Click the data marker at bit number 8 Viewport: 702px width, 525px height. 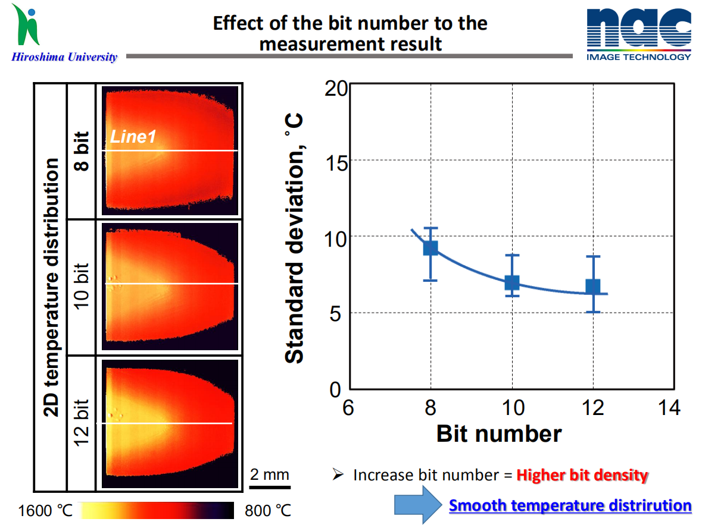[x=430, y=248]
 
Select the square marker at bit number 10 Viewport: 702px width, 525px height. [x=512, y=282]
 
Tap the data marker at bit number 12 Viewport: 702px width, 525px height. [x=593, y=287]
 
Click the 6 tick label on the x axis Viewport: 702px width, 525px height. [x=349, y=408]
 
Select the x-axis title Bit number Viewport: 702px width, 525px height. [x=498, y=434]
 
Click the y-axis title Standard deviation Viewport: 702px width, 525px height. [x=295, y=238]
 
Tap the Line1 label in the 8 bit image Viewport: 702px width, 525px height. [x=132, y=137]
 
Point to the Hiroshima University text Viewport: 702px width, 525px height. [x=64, y=57]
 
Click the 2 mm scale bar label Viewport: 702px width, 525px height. [x=269, y=474]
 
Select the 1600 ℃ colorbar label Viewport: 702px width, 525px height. [x=45, y=511]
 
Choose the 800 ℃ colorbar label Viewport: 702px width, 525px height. [x=268, y=511]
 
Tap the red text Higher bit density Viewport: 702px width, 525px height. [x=582, y=476]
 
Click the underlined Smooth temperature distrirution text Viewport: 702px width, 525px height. [x=570, y=505]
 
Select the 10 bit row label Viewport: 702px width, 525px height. [x=82, y=288]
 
